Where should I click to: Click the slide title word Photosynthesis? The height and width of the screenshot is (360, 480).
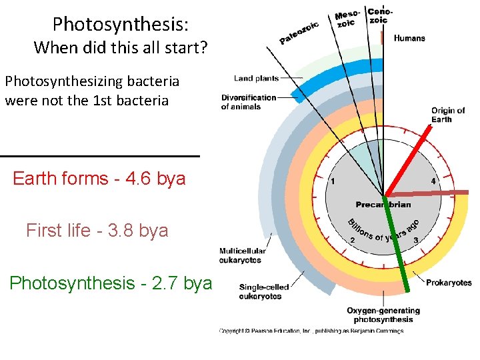pos(121,25)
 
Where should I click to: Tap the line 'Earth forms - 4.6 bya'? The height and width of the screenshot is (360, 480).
pos(99,179)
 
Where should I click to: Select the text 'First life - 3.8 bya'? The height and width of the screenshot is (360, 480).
pos(97,231)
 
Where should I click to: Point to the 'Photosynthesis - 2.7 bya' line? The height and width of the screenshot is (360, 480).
pos(111,283)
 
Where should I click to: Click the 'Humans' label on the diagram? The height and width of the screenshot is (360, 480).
pos(409,38)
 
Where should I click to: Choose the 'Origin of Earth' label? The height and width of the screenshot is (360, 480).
pos(447,115)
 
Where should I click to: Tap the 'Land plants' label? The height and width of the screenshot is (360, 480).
pos(257,79)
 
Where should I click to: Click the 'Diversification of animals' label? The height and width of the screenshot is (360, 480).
pos(249,102)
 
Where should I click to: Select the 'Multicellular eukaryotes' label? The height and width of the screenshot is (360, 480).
pos(243,255)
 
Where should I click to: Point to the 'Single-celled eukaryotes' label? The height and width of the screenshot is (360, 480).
pos(264,291)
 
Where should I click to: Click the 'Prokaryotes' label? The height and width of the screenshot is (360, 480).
pos(449,283)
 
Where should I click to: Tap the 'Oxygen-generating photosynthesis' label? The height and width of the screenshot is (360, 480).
pos(383,315)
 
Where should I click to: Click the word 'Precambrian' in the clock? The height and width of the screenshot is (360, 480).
pos(383,205)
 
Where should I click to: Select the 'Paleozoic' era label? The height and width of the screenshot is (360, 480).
pos(299,33)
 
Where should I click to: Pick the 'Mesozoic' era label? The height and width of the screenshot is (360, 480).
pos(347,19)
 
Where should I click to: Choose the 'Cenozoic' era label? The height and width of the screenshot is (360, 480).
pos(380,15)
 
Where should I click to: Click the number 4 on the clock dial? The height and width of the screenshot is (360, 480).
pos(433,181)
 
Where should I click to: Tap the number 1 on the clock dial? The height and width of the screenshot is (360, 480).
pos(333,181)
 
